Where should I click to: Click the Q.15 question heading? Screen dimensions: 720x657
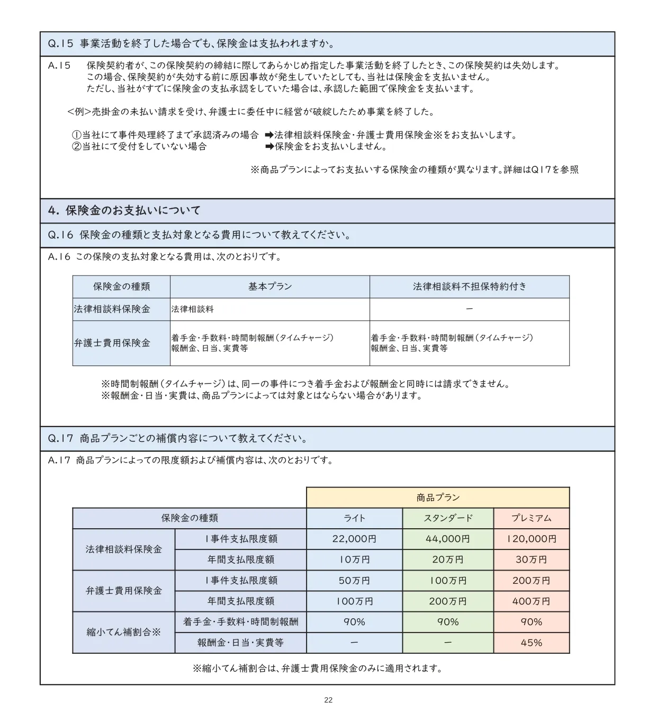[x=191, y=44]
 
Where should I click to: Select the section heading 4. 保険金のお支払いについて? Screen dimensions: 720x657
[x=124, y=211]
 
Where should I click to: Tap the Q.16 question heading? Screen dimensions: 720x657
[x=199, y=235]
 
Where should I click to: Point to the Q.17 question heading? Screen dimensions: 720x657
[x=177, y=439]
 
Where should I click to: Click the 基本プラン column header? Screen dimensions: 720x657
[x=270, y=287]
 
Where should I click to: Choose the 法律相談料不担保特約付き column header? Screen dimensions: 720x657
[x=470, y=287]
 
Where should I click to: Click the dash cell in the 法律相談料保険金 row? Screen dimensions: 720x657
[x=470, y=309]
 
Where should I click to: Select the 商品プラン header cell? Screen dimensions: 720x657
[x=438, y=497]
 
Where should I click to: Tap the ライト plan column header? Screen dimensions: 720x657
[x=354, y=518]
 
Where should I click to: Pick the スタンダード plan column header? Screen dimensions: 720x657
[x=448, y=518]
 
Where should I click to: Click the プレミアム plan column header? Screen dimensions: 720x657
[x=532, y=518]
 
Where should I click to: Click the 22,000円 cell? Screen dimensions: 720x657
[x=354, y=539]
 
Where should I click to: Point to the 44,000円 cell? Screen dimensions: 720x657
[x=448, y=539]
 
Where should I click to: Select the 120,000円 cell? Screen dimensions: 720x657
[x=532, y=539]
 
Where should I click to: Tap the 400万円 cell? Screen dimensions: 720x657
[x=532, y=601]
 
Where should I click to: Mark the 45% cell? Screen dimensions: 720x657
[x=532, y=643]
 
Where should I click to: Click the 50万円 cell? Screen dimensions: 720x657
[x=354, y=581]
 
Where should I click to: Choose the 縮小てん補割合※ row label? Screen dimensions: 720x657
[x=123, y=632]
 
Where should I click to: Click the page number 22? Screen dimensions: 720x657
[x=328, y=700]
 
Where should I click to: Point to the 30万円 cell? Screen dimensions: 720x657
[x=532, y=559]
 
